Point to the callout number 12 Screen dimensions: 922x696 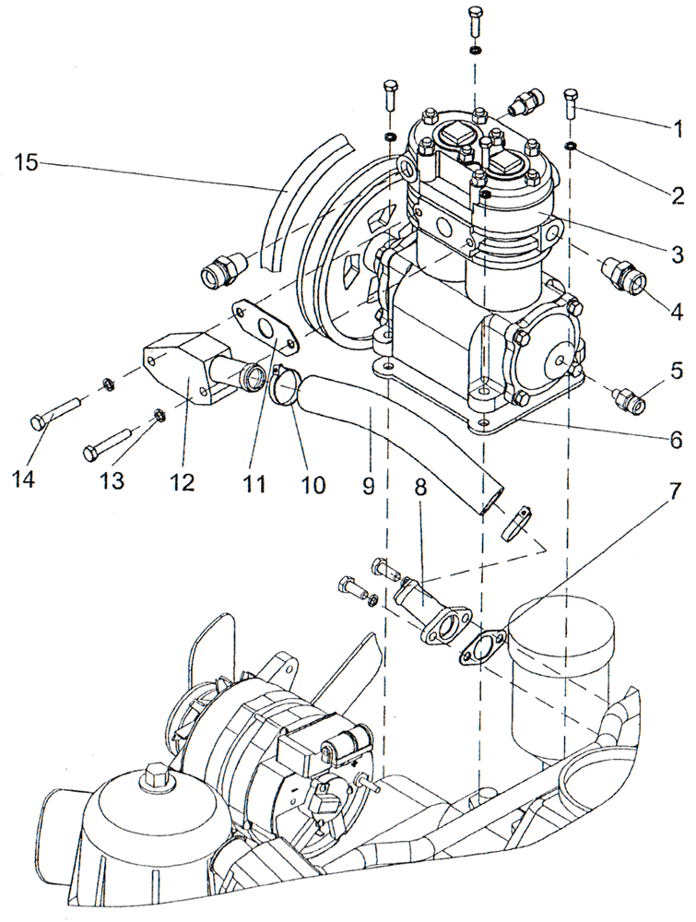[x=183, y=482]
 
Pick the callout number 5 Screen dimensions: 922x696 [x=678, y=372]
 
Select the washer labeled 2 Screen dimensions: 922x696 [x=572, y=147]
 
